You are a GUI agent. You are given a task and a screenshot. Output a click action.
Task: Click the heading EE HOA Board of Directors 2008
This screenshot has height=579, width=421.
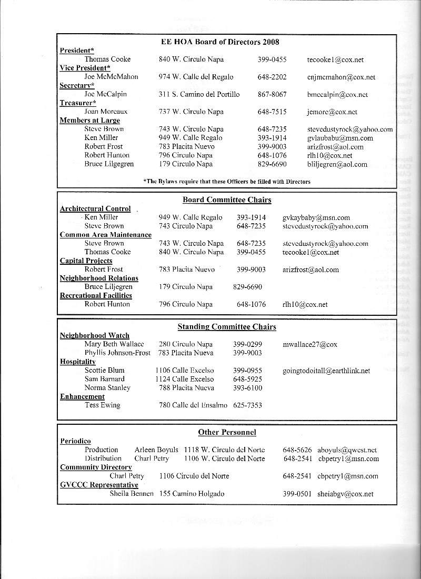[x=220, y=42]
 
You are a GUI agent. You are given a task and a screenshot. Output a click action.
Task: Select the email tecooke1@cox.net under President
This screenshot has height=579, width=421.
[x=335, y=60]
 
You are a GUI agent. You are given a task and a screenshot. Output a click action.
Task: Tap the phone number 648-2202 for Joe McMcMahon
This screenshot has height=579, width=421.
[x=272, y=77]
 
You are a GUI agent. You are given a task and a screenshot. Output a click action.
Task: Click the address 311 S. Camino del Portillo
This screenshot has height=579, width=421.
[x=199, y=95]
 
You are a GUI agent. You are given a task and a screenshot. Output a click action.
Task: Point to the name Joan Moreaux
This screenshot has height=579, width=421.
[x=106, y=112]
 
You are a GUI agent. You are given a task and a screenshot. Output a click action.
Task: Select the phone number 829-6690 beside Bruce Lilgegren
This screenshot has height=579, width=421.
[x=272, y=164]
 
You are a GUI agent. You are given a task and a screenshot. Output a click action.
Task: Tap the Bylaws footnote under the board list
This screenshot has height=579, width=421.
[x=227, y=182]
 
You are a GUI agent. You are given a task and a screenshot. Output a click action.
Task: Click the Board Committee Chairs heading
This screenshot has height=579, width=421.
[x=227, y=200]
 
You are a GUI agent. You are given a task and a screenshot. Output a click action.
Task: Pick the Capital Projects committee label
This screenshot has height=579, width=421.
[x=86, y=261]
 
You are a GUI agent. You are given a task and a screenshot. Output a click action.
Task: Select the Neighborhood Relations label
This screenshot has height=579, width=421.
[x=99, y=278]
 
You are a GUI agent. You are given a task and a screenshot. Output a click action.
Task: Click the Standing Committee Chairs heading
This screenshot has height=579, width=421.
[x=227, y=327]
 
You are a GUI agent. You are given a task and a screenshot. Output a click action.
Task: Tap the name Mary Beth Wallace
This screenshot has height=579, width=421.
[x=114, y=344]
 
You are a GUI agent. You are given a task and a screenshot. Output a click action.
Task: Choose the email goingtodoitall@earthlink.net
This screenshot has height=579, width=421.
[x=326, y=371]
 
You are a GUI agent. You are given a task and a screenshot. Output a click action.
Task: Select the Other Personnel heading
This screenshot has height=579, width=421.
[x=227, y=433]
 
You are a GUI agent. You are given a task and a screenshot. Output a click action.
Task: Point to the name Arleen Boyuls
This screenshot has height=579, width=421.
[x=156, y=450]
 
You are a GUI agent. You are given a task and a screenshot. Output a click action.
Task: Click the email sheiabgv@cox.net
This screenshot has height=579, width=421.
[x=346, y=494]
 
